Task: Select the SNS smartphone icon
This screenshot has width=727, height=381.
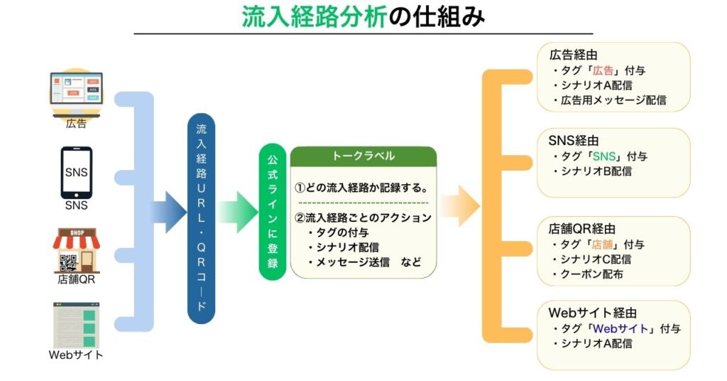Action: (76, 173)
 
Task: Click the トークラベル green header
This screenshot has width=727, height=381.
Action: (363, 156)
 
